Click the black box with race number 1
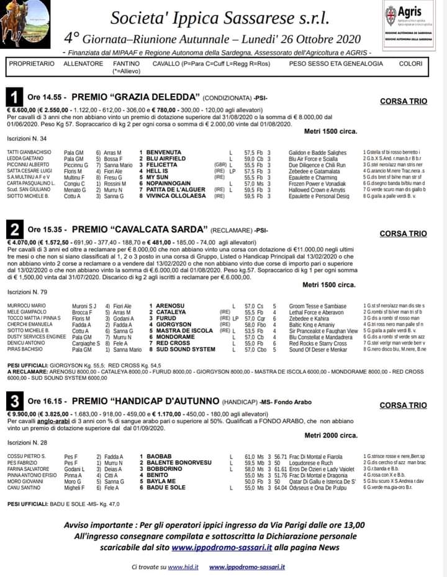[15, 98]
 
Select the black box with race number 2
[15, 230]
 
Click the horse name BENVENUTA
[165, 152]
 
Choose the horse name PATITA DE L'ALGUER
[176, 190]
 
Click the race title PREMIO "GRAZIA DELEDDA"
[135, 97]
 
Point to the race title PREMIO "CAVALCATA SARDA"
[140, 229]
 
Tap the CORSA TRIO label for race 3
[403, 405]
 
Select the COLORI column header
[411, 63]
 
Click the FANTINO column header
[126, 63]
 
